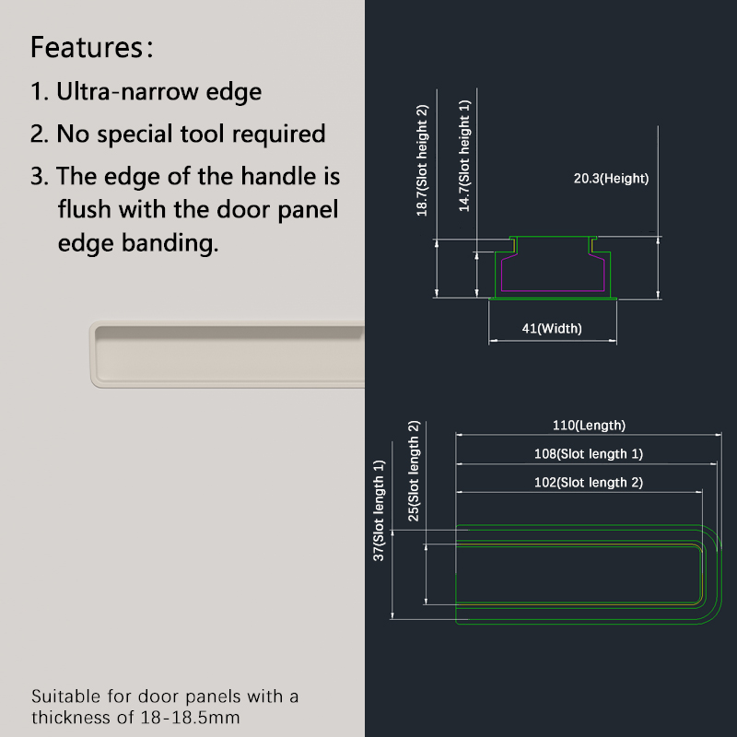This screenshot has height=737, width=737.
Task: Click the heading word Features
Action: click(88, 48)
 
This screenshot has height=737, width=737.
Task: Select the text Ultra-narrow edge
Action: click(158, 91)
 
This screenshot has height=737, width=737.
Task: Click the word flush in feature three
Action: click(85, 209)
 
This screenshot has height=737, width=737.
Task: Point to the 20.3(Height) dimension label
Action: click(611, 179)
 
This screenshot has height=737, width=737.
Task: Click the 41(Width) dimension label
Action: click(552, 328)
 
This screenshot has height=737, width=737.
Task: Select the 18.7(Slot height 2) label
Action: click(422, 160)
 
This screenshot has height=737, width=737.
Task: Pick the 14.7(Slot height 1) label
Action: click(464, 156)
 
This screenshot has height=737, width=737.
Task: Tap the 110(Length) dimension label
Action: click(589, 426)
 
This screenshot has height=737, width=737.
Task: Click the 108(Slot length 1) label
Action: click(589, 454)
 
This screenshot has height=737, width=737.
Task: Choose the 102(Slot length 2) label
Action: click(589, 483)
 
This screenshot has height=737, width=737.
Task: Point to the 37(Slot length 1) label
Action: click(379, 510)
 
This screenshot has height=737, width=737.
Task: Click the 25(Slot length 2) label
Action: click(414, 471)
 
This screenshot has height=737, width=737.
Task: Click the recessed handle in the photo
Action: click(228, 355)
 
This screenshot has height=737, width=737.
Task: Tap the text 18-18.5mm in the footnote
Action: click(191, 718)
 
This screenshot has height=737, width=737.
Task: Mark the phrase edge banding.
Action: click(138, 243)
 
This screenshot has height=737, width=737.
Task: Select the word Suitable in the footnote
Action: click(66, 696)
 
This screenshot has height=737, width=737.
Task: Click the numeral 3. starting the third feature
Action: click(40, 177)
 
